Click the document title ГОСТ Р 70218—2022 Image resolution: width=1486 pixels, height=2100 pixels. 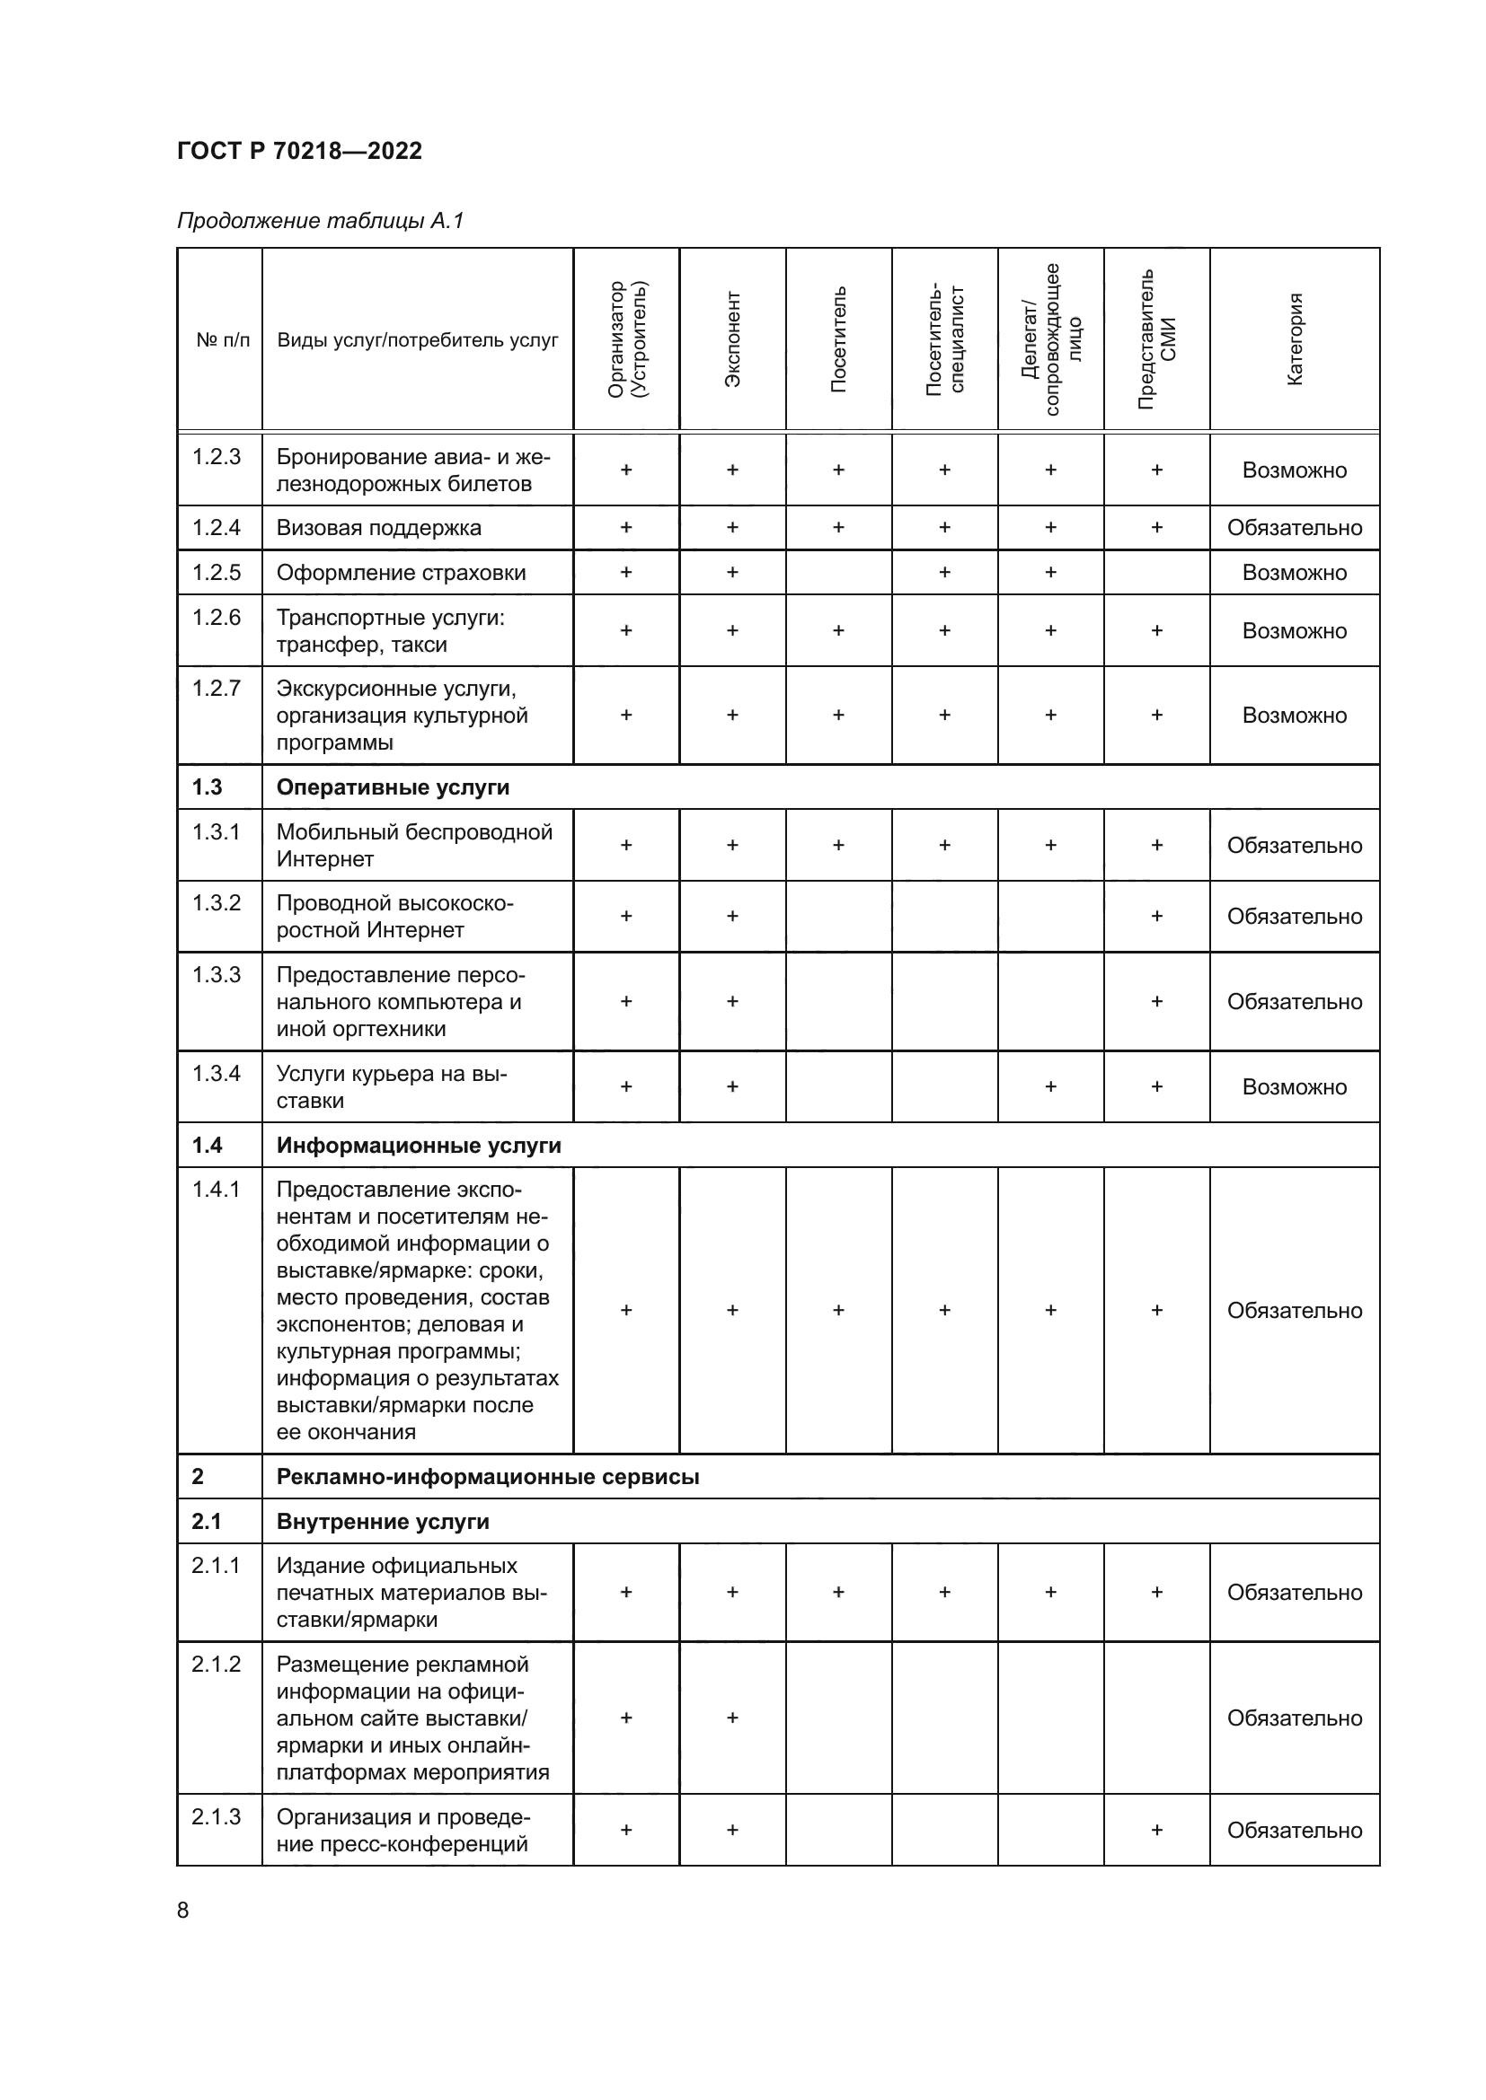(x=299, y=151)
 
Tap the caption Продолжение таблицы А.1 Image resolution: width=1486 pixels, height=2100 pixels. (x=320, y=221)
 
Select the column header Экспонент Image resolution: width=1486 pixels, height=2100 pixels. (x=732, y=339)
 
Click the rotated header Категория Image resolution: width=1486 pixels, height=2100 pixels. (x=1294, y=339)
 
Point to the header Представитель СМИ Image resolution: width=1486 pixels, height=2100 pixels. (x=1156, y=339)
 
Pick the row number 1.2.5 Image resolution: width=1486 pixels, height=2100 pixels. (x=216, y=573)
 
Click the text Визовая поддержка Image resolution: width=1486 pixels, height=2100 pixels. (x=378, y=528)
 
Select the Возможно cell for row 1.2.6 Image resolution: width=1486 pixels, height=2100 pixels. (x=1294, y=631)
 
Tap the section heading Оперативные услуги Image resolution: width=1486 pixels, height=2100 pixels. (x=393, y=787)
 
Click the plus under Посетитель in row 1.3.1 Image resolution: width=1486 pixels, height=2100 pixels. (x=838, y=845)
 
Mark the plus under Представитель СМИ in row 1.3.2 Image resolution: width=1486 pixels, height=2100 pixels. (x=1156, y=916)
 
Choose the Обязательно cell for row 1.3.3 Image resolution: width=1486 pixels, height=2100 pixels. (x=1294, y=1002)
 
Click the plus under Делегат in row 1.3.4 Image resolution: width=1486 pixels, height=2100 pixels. (x=1050, y=1086)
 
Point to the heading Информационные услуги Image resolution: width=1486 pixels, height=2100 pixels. (x=418, y=1145)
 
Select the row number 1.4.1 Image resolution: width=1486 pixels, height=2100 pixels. (x=216, y=1189)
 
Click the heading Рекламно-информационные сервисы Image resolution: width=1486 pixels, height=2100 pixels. (x=488, y=1476)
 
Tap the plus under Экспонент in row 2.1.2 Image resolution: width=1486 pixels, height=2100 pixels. (x=732, y=1718)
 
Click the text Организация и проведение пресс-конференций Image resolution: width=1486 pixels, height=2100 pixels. (x=402, y=1830)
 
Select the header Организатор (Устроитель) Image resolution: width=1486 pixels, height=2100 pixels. (x=626, y=339)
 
